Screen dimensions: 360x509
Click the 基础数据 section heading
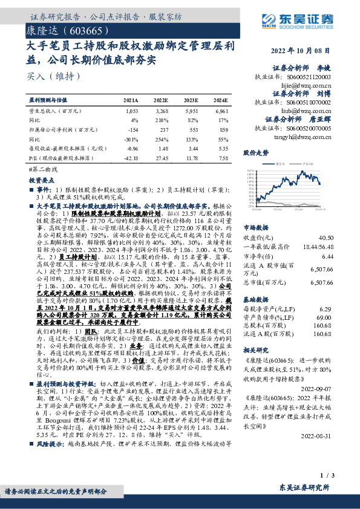pyautogui.click(x=255, y=299)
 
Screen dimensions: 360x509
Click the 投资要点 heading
pyautogui.click(x=42, y=180)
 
